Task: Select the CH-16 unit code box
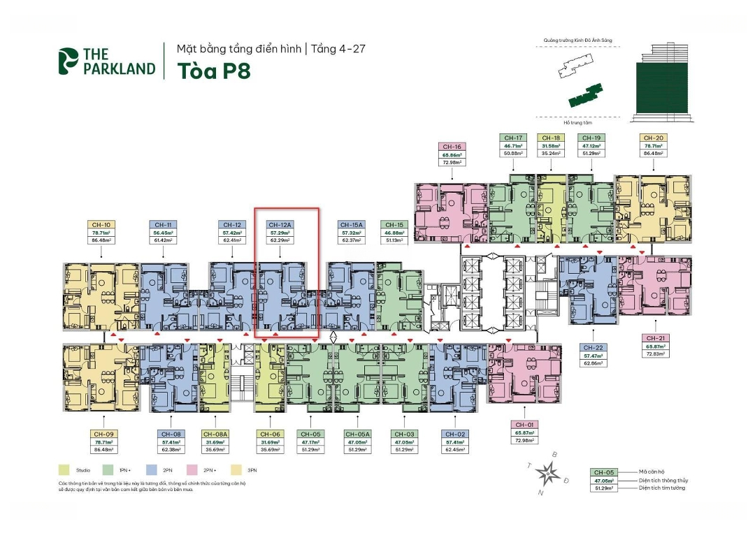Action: [x=452, y=147]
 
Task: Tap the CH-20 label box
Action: [x=654, y=138]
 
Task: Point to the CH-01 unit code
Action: [x=524, y=425]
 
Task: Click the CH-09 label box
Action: [x=103, y=434]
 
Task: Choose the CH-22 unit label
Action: [x=594, y=347]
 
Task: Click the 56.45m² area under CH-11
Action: [x=161, y=233]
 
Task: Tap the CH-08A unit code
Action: [x=214, y=434]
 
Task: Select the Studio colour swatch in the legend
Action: [x=64, y=470]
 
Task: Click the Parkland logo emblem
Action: [x=69, y=61]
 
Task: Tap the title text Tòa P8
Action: [x=213, y=71]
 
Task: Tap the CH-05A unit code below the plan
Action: [x=358, y=434]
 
